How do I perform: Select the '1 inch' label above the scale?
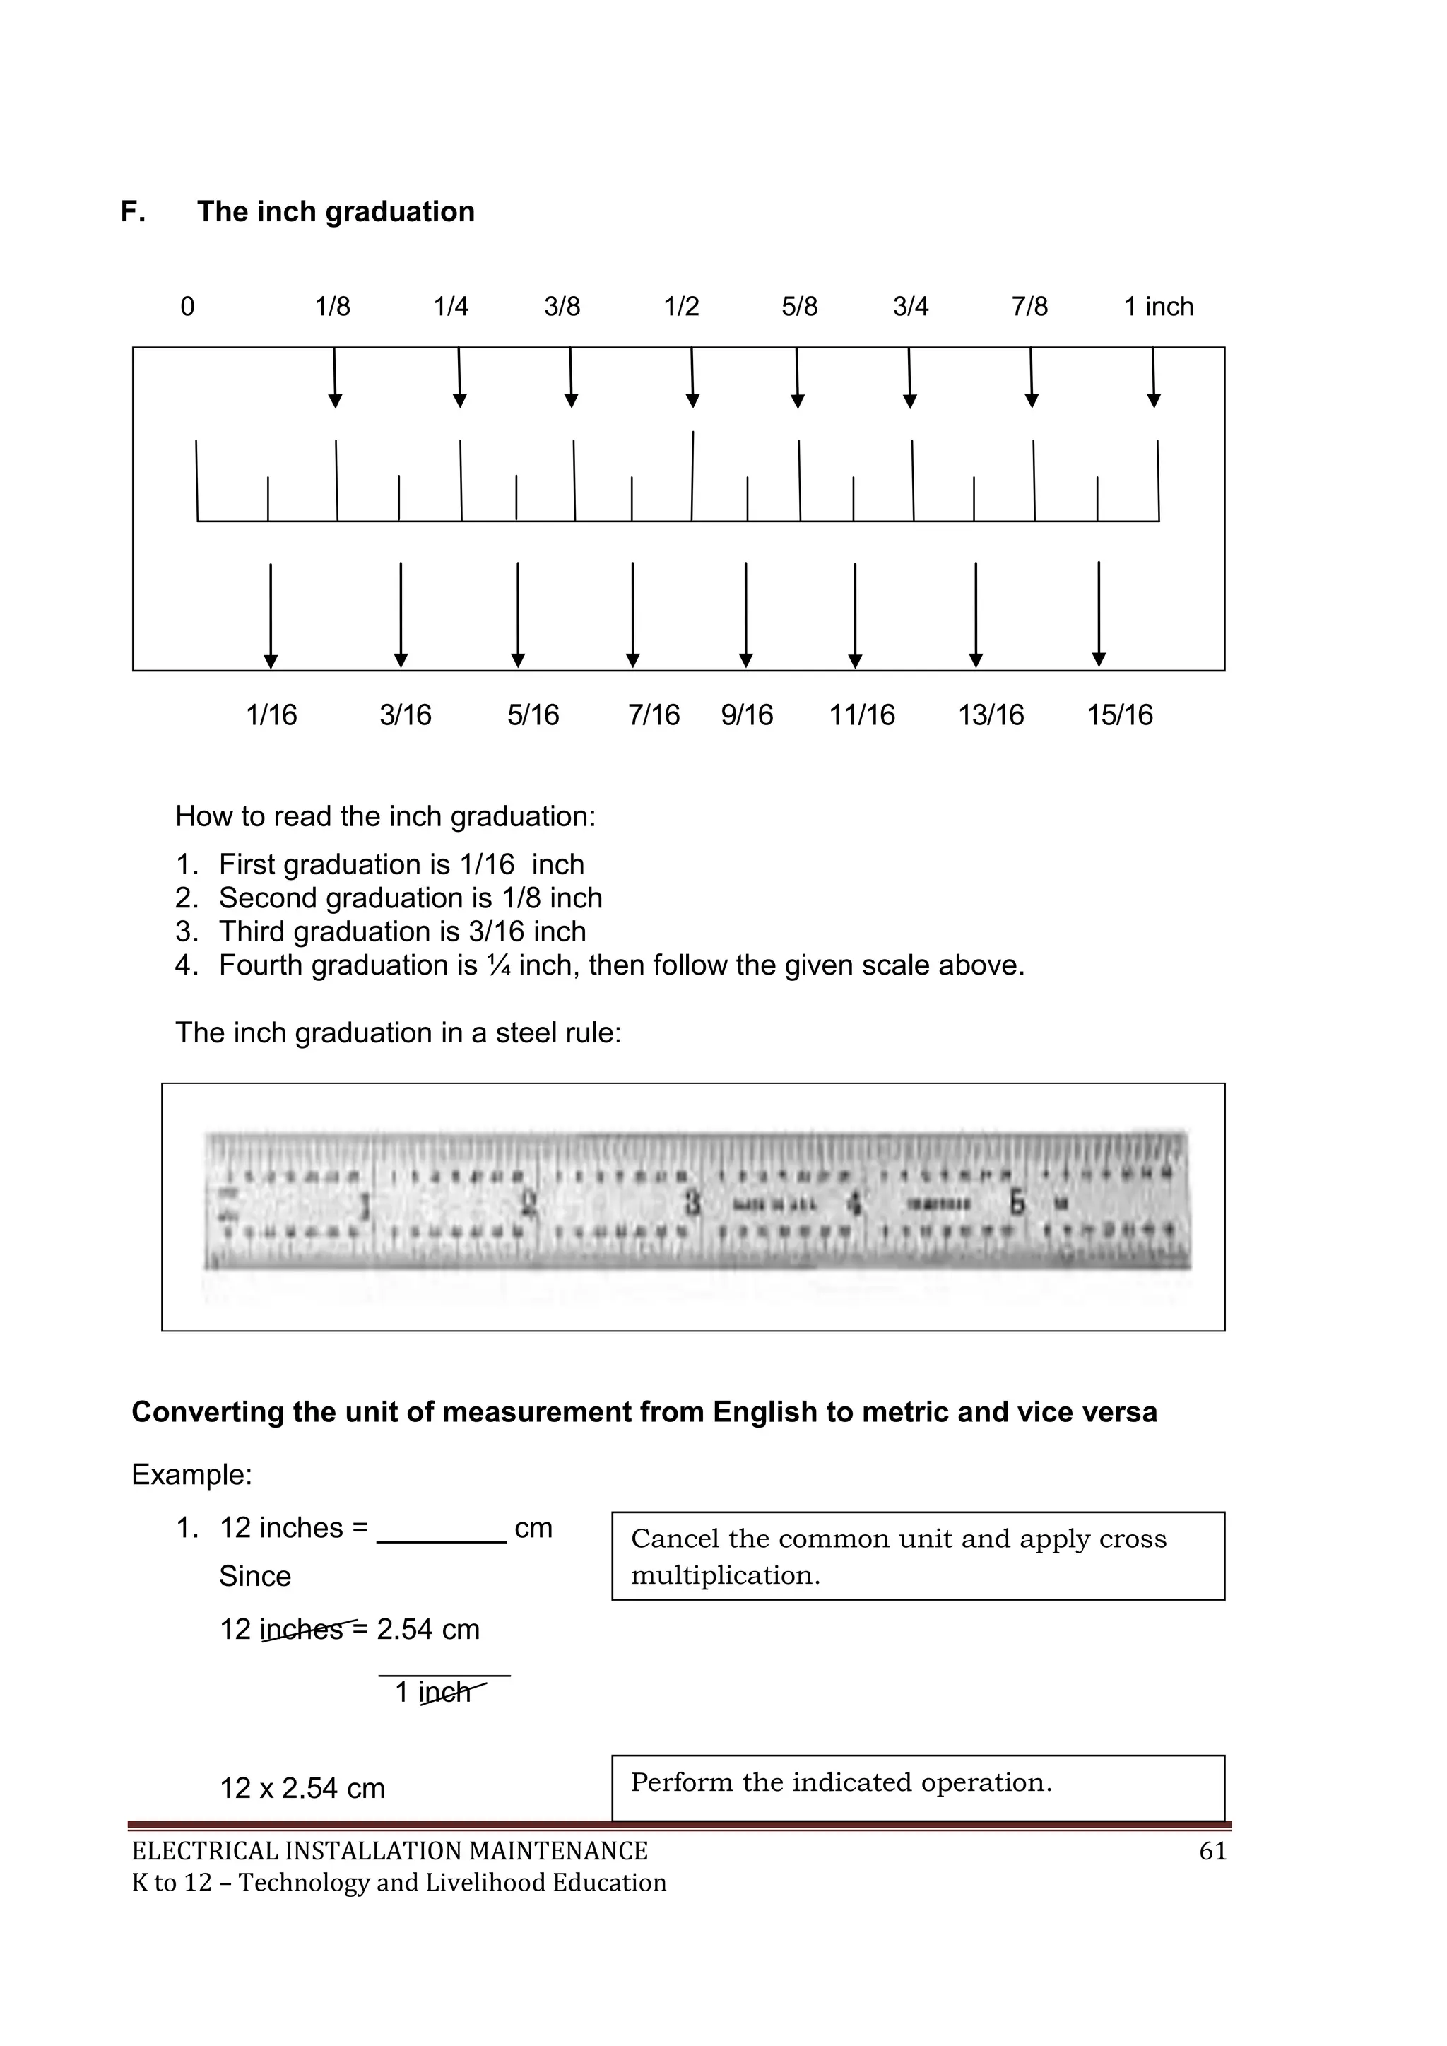coord(1157,307)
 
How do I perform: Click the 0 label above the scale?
coord(187,307)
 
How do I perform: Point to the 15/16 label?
coord(1119,715)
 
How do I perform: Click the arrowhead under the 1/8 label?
coord(335,401)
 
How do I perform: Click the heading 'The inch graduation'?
coord(335,211)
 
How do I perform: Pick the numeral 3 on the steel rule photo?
coord(692,1204)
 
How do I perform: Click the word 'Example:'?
coord(191,1475)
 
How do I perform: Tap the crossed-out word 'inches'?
coord(302,1630)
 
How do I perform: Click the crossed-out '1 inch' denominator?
coord(434,1692)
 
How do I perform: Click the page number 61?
coord(1212,1852)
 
